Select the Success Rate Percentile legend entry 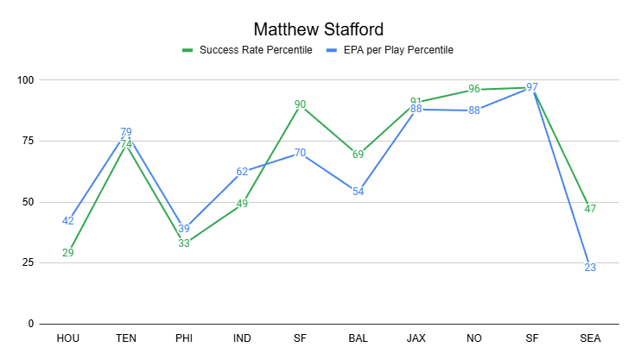coord(251,50)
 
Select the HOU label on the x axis coord(67,338)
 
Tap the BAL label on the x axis coord(358,338)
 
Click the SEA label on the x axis coord(590,338)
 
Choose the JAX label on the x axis coord(416,338)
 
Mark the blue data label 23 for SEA coord(590,268)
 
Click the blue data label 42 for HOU coord(67,221)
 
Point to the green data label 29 coord(67,253)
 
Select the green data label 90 coord(300,104)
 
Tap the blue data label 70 coord(300,153)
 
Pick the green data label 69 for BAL coord(358,155)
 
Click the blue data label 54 coord(358,192)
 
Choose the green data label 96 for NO coord(473,89)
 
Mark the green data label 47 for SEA coord(590,209)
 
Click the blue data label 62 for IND coord(242,172)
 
